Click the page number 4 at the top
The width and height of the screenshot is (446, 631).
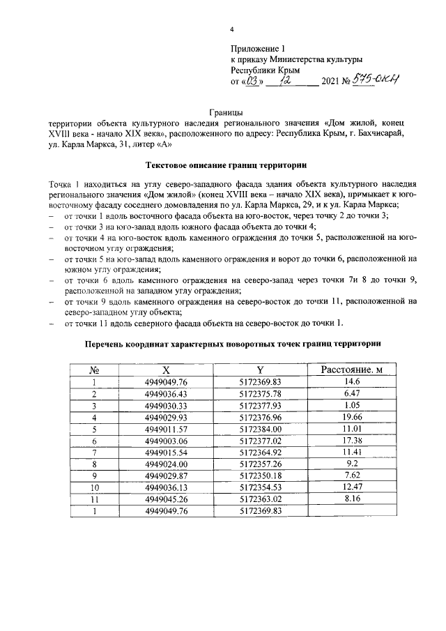[x=232, y=29]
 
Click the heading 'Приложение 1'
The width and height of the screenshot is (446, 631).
[x=258, y=48]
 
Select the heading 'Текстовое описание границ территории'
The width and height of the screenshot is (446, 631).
[x=226, y=166]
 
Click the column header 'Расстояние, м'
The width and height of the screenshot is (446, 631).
[x=351, y=370]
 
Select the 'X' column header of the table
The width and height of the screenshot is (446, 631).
[x=166, y=370]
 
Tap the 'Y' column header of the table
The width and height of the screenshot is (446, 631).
[x=260, y=370]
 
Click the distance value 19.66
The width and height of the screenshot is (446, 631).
[x=351, y=418]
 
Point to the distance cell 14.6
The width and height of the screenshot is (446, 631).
[x=351, y=381]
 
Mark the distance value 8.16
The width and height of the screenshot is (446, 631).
[x=351, y=501]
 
